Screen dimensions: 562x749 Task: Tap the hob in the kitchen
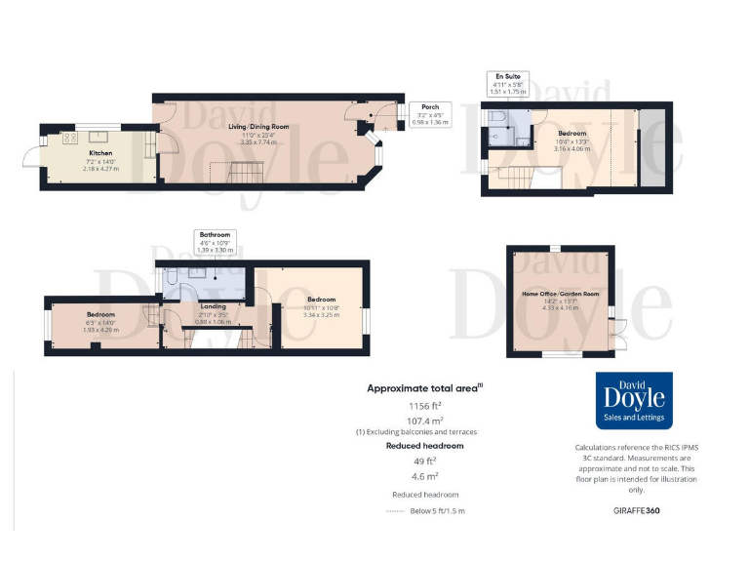coord(70,139)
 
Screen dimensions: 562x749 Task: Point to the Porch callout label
coord(429,114)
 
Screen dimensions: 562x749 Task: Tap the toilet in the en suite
coord(496,118)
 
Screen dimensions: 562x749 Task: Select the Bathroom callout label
coord(215,242)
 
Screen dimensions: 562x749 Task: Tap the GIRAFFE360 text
coord(637,510)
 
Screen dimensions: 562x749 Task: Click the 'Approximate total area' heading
coord(423,387)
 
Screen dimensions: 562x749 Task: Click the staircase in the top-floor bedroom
coord(516,179)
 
